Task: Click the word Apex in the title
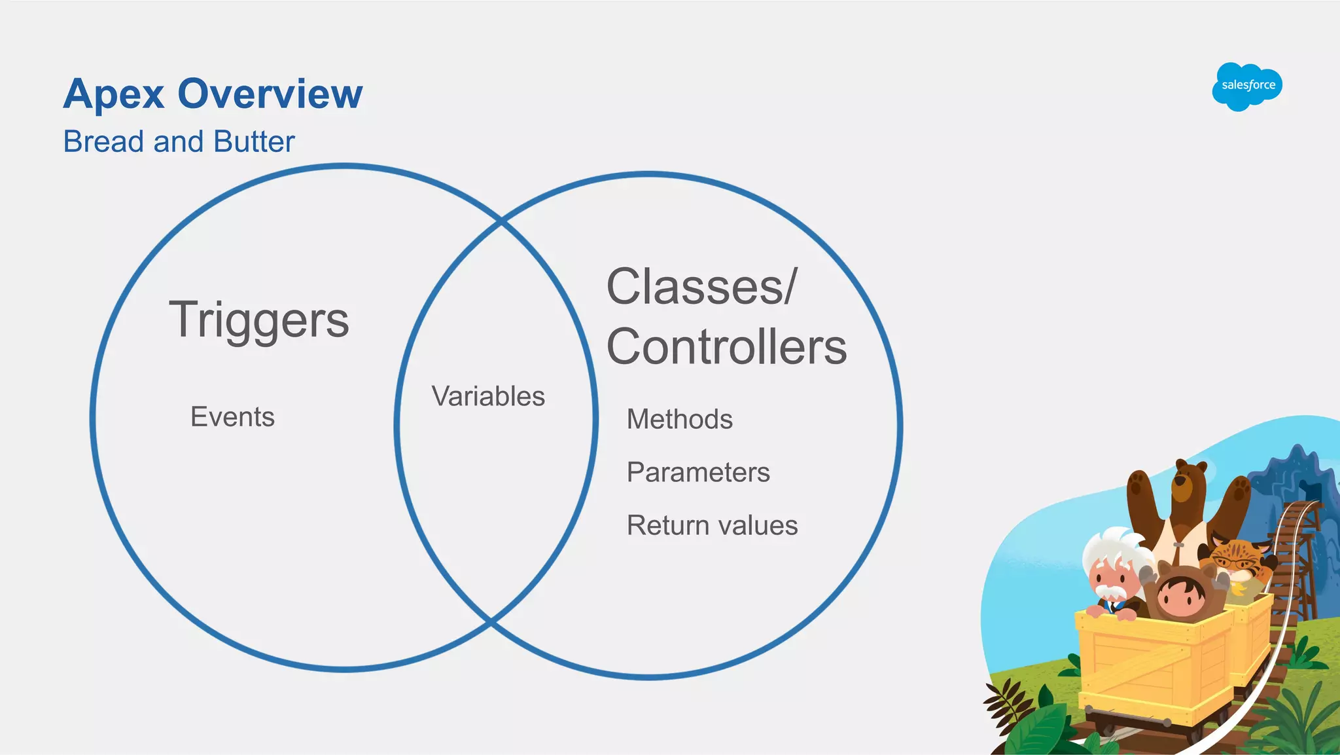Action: [x=113, y=94]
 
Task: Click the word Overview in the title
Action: [x=270, y=94]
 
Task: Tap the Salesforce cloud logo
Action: [x=1247, y=86]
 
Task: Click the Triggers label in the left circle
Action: [x=259, y=320]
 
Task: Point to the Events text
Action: [x=232, y=417]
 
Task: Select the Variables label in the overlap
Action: [x=488, y=396]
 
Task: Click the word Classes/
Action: [x=701, y=287]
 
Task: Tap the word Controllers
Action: [x=726, y=346]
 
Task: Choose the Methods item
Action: [x=679, y=419]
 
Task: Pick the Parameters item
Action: [x=698, y=472]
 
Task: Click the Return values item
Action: [x=712, y=525]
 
